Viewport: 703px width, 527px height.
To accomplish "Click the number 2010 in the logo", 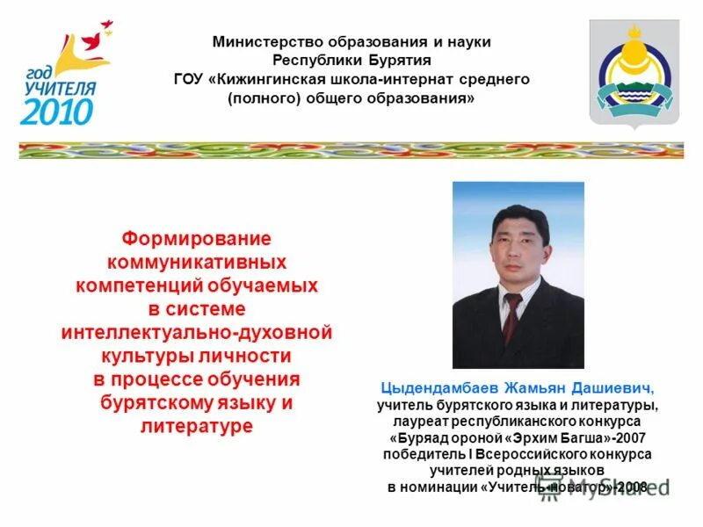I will tap(56, 110).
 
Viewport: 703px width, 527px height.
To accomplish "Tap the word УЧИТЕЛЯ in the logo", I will tap(57, 87).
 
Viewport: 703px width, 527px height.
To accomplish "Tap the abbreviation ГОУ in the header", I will tap(189, 79).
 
